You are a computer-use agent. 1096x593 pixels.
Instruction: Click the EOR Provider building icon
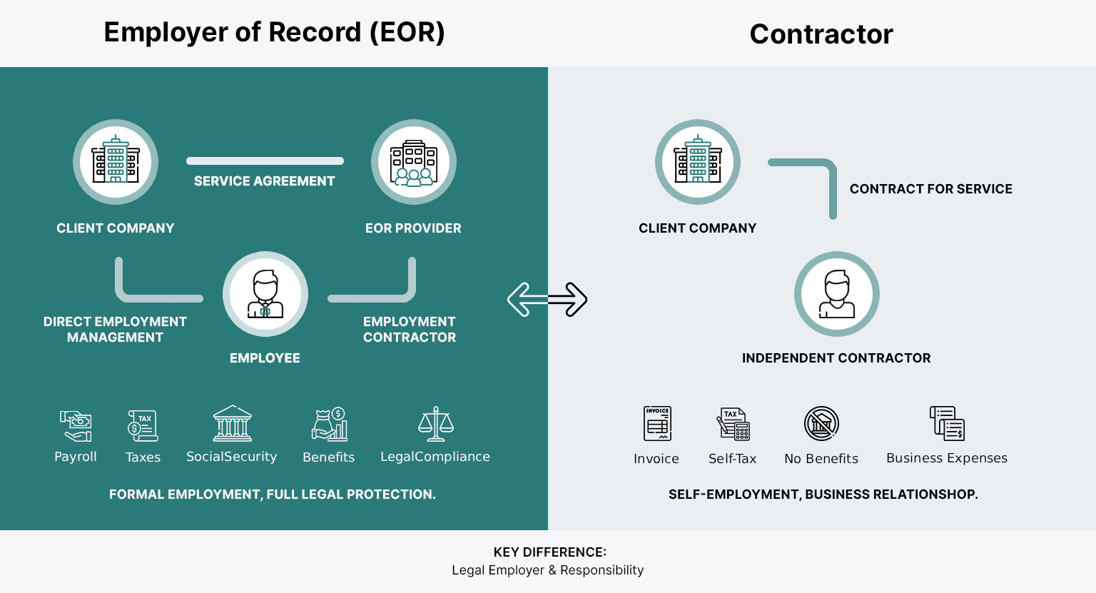point(414,162)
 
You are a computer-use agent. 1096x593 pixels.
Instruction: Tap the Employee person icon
point(265,294)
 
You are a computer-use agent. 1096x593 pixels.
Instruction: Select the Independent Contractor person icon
point(836,294)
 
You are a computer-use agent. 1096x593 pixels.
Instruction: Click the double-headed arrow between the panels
point(547,299)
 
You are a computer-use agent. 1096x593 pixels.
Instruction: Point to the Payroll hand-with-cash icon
point(76,426)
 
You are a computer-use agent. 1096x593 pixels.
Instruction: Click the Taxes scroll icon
point(143,426)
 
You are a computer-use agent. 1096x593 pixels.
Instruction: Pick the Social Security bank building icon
point(232,424)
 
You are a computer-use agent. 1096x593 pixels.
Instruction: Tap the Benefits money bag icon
point(329,425)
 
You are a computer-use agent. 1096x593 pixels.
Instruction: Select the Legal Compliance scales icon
point(435,424)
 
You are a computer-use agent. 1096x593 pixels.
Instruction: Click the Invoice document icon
point(656,424)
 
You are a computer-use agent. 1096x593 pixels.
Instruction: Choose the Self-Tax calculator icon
point(733,425)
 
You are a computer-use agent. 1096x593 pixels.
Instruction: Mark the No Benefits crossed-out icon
point(821,424)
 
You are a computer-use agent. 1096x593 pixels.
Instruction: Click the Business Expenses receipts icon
point(947,423)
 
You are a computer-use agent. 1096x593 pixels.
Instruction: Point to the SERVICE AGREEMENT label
point(264,181)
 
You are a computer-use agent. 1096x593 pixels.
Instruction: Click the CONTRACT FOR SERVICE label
point(930,189)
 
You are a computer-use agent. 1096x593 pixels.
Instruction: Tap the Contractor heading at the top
point(821,34)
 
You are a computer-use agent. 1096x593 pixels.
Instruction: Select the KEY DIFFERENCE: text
point(549,552)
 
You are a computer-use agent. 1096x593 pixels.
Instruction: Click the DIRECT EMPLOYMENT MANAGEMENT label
point(115,330)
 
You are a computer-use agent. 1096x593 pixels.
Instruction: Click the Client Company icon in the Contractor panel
point(698,162)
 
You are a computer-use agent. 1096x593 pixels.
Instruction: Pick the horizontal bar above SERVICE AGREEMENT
point(265,161)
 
